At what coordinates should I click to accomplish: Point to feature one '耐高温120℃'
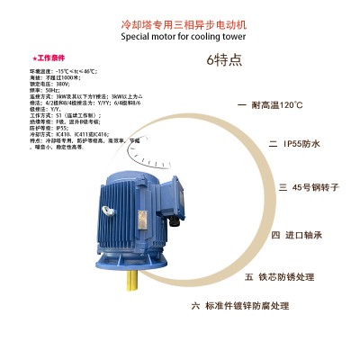tap(276, 105)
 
